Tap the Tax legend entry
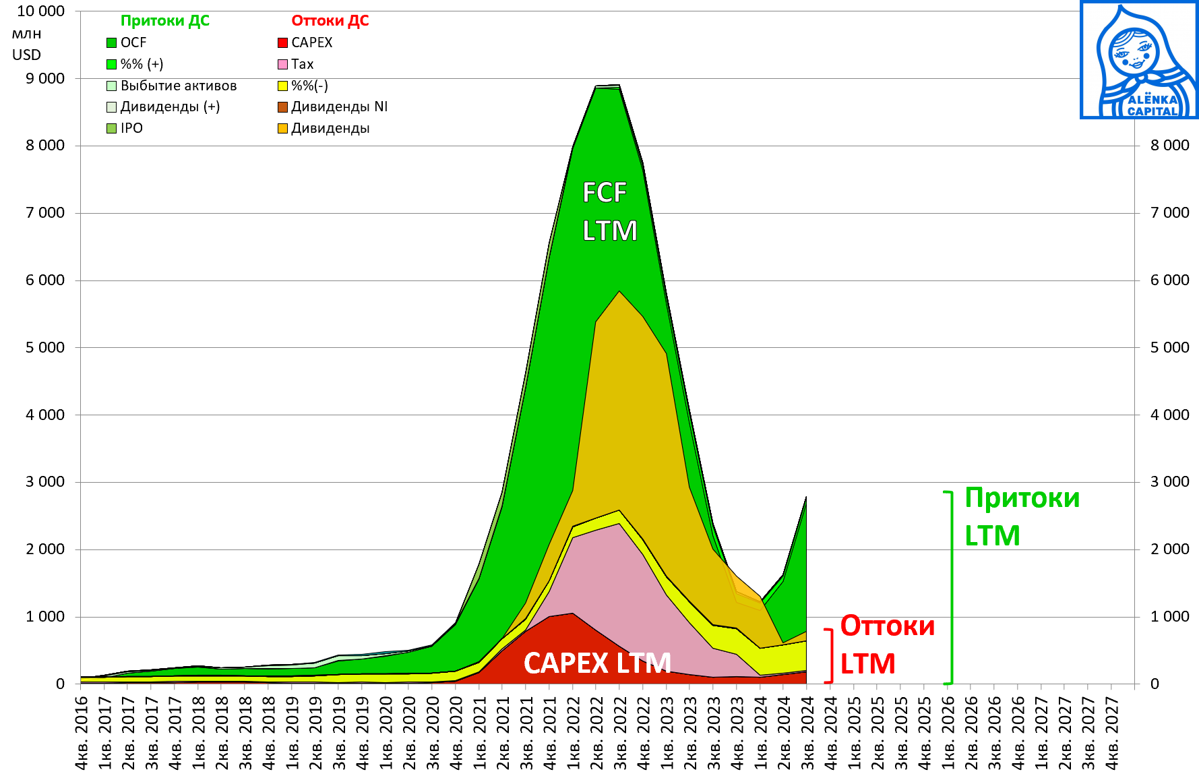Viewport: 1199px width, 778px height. (296, 64)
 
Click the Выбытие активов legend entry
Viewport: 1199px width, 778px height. (172, 86)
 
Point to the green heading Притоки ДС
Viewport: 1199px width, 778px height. (164, 21)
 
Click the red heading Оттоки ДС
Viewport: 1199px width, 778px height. (330, 21)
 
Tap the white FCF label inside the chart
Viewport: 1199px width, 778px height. (605, 193)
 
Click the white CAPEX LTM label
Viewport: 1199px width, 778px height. (597, 663)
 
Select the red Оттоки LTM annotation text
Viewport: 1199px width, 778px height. (887, 645)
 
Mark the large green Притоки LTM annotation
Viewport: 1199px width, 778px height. (1021, 516)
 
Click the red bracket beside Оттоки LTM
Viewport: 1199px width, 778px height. (830, 655)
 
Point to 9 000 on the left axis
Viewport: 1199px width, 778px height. (45, 79)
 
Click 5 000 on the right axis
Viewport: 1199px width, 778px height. (1169, 348)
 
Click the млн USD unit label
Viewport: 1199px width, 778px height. (27, 44)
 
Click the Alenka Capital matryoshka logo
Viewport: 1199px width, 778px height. (1139, 60)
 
